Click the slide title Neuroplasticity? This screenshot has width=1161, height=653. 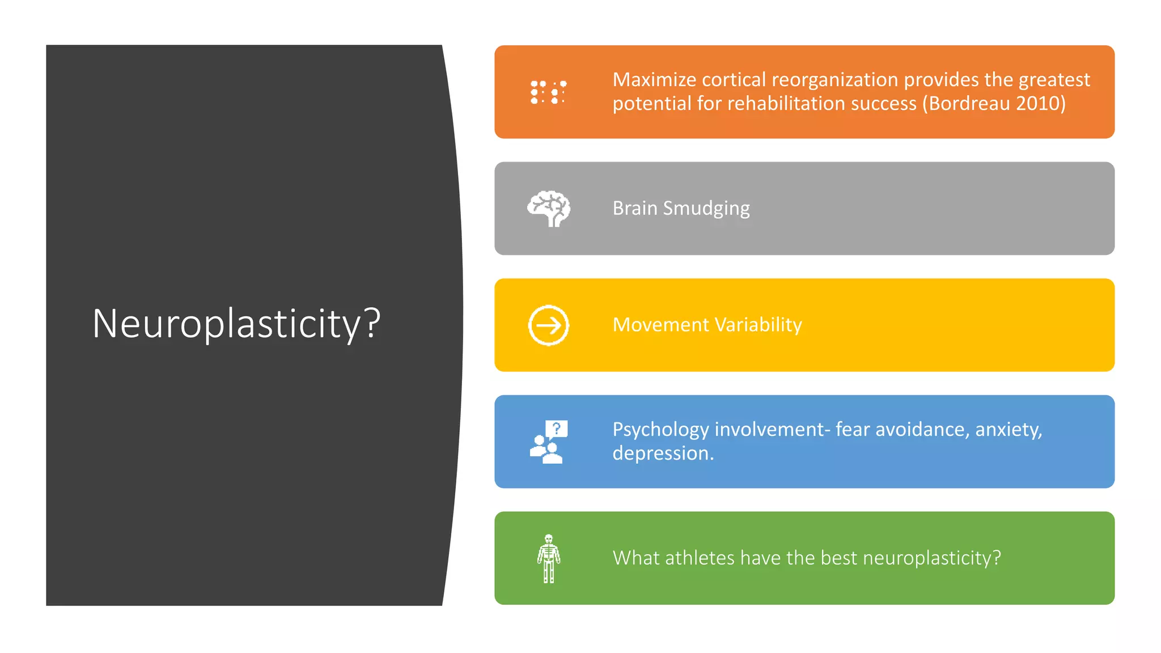coord(236,324)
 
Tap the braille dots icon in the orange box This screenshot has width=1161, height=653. coord(548,92)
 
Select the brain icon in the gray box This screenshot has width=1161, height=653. coord(549,209)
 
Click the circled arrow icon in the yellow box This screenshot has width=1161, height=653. coord(548,325)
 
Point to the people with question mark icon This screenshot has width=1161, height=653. coord(548,442)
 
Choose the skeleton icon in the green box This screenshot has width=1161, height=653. coord(548,558)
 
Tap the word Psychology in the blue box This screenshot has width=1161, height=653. coord(660,430)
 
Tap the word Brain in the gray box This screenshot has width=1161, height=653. coord(635,209)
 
